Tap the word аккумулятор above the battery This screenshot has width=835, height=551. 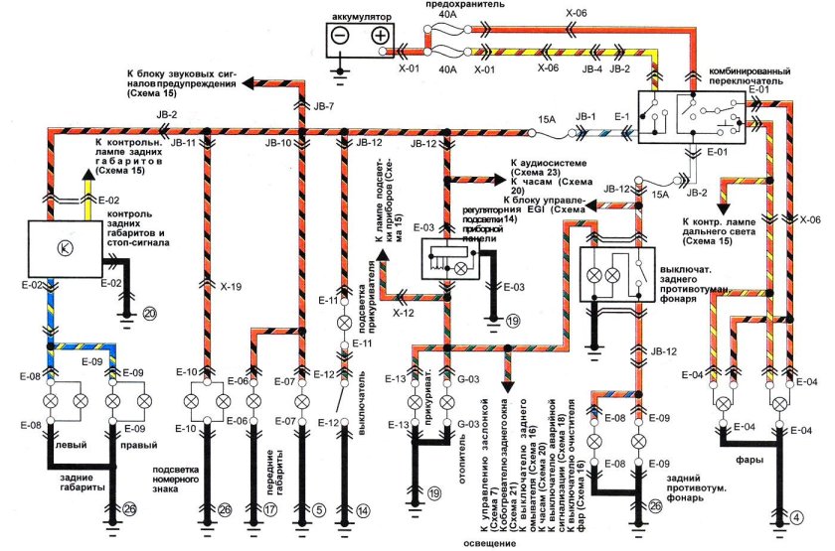point(360,17)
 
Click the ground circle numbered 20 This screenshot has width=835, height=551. point(150,313)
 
